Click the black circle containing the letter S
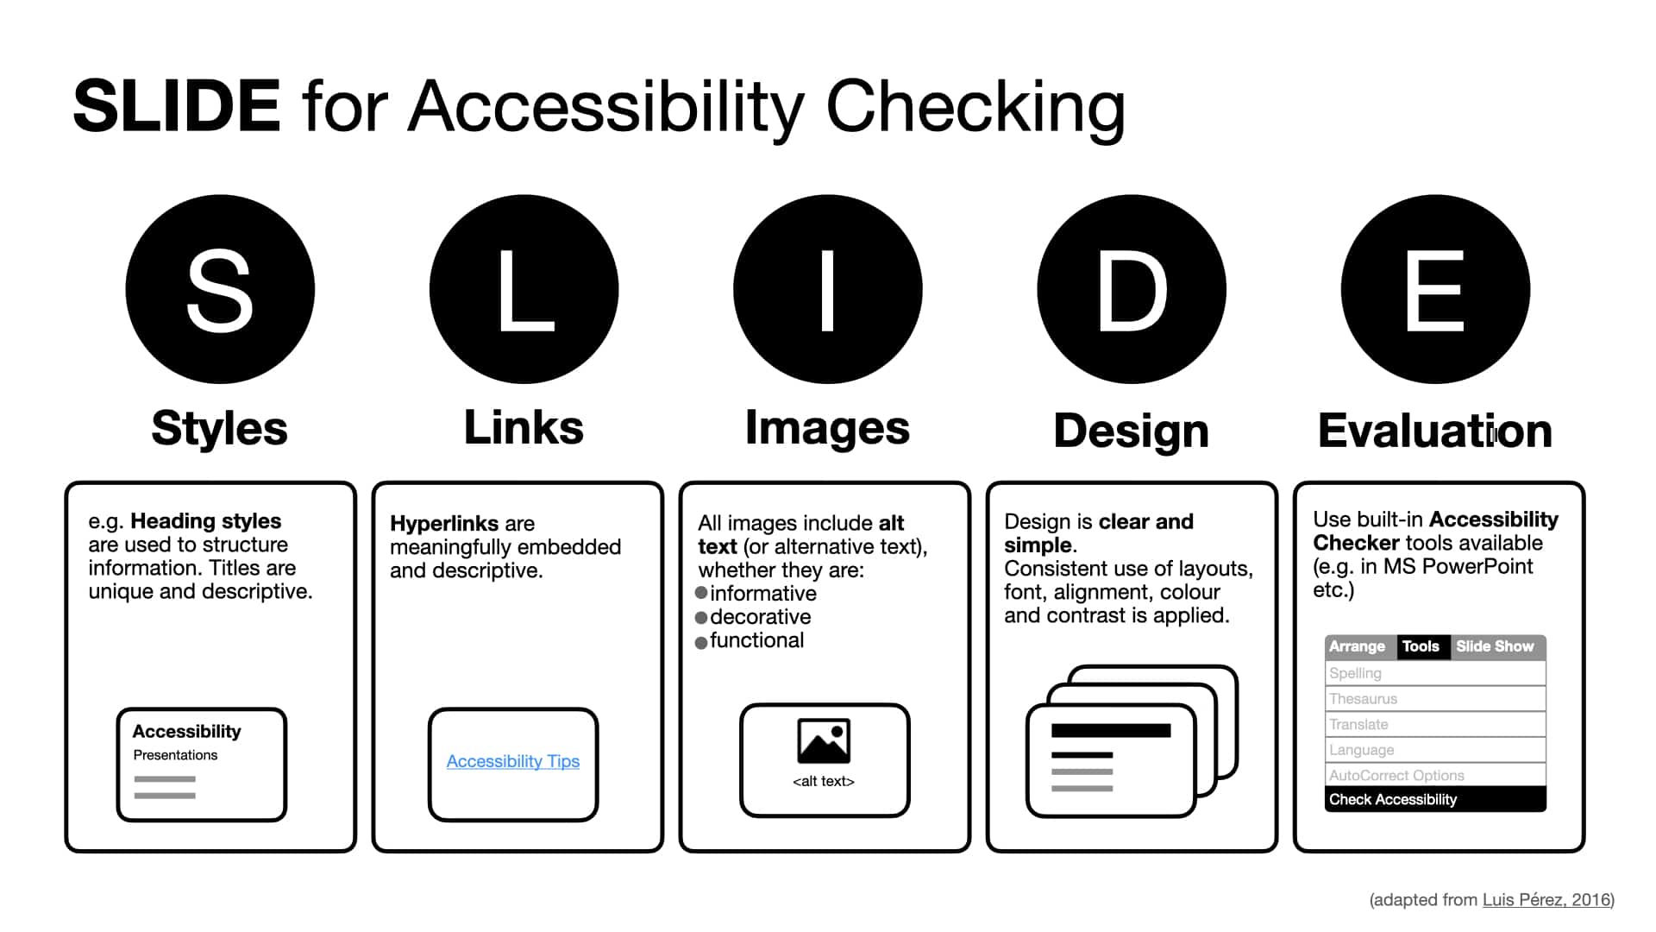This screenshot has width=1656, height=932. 220,289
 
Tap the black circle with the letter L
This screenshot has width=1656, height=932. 524,289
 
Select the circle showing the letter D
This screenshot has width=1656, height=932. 1132,289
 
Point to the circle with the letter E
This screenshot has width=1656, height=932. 1435,289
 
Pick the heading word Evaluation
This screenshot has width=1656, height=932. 1435,431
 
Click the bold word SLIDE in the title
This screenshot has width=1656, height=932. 177,106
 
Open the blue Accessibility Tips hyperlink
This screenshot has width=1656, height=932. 513,761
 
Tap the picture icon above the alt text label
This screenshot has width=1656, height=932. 824,741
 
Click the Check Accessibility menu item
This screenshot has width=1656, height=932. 1435,799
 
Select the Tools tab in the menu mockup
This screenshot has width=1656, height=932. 1421,646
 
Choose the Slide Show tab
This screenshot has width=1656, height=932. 1495,646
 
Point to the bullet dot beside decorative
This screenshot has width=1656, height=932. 701,617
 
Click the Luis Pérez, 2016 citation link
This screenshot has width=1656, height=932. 1546,900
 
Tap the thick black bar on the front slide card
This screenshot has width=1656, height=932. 1111,730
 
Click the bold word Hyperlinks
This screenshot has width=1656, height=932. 444,524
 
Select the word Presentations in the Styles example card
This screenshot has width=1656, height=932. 175,755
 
